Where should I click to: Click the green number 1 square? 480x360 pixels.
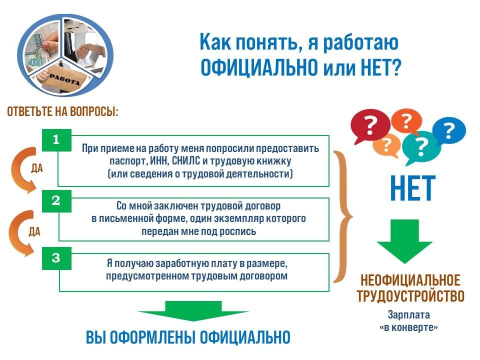pyautogui.click(x=56, y=140)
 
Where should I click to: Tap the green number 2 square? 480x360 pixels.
pyautogui.click(x=56, y=200)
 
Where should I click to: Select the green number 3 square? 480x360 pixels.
pyautogui.click(x=56, y=258)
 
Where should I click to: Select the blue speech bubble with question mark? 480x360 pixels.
pyautogui.click(x=448, y=131)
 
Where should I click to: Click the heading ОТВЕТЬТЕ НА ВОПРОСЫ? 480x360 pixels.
pyautogui.click(x=62, y=111)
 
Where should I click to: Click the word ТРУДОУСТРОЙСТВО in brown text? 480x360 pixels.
pyautogui.click(x=410, y=296)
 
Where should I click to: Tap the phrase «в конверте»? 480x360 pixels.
pyautogui.click(x=409, y=328)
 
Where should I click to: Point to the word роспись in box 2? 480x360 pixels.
pyautogui.click(x=238, y=231)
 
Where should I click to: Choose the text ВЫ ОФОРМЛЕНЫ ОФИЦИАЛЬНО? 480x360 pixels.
pyautogui.click(x=188, y=337)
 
